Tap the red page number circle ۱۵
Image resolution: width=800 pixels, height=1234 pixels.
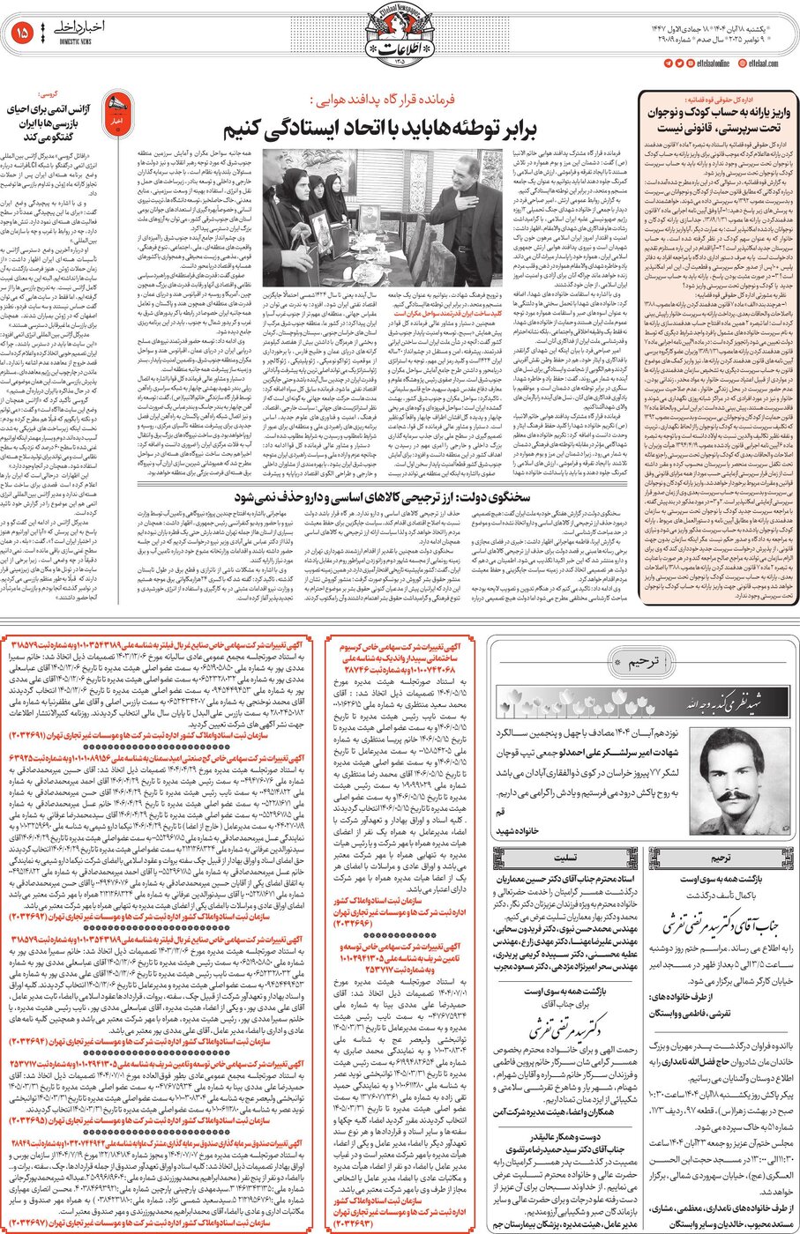pos(24,33)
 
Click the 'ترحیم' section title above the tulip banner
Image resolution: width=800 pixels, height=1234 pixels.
pos(633,663)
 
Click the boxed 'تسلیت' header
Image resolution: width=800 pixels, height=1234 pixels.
pos(564,856)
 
